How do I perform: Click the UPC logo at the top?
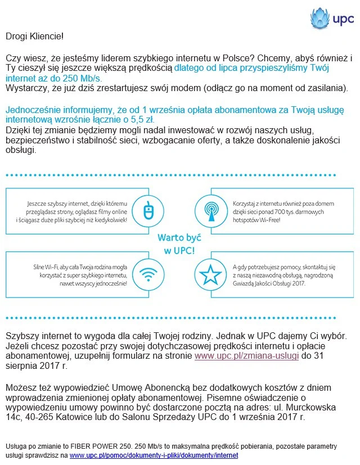332,20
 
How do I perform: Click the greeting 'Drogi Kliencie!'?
35,37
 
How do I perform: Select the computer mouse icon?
148,211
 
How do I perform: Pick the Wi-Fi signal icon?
148,275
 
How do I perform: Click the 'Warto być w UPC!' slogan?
179,243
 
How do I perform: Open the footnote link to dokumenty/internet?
154,455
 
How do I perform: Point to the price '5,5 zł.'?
143,120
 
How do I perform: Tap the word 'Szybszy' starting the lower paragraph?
22,336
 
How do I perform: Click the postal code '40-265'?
39,418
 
